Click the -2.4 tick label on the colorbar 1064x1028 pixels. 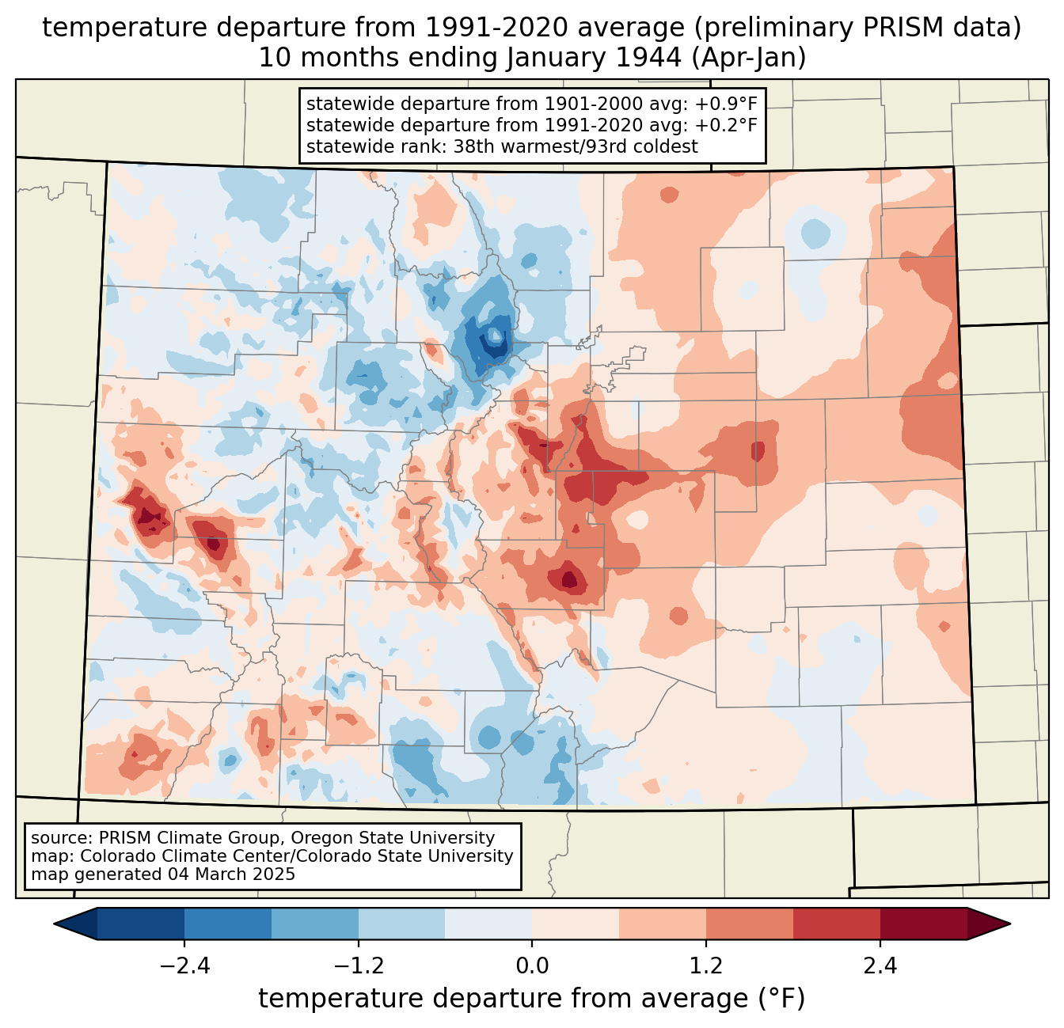184,966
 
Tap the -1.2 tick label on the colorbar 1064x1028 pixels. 358,966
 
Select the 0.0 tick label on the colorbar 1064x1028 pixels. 532,966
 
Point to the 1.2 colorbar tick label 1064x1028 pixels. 705,966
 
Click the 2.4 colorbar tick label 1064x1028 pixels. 880,966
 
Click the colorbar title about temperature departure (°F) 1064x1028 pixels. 532,999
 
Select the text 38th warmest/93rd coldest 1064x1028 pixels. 576,146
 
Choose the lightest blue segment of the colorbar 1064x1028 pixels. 488,924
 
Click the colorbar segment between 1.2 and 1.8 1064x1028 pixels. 749,924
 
